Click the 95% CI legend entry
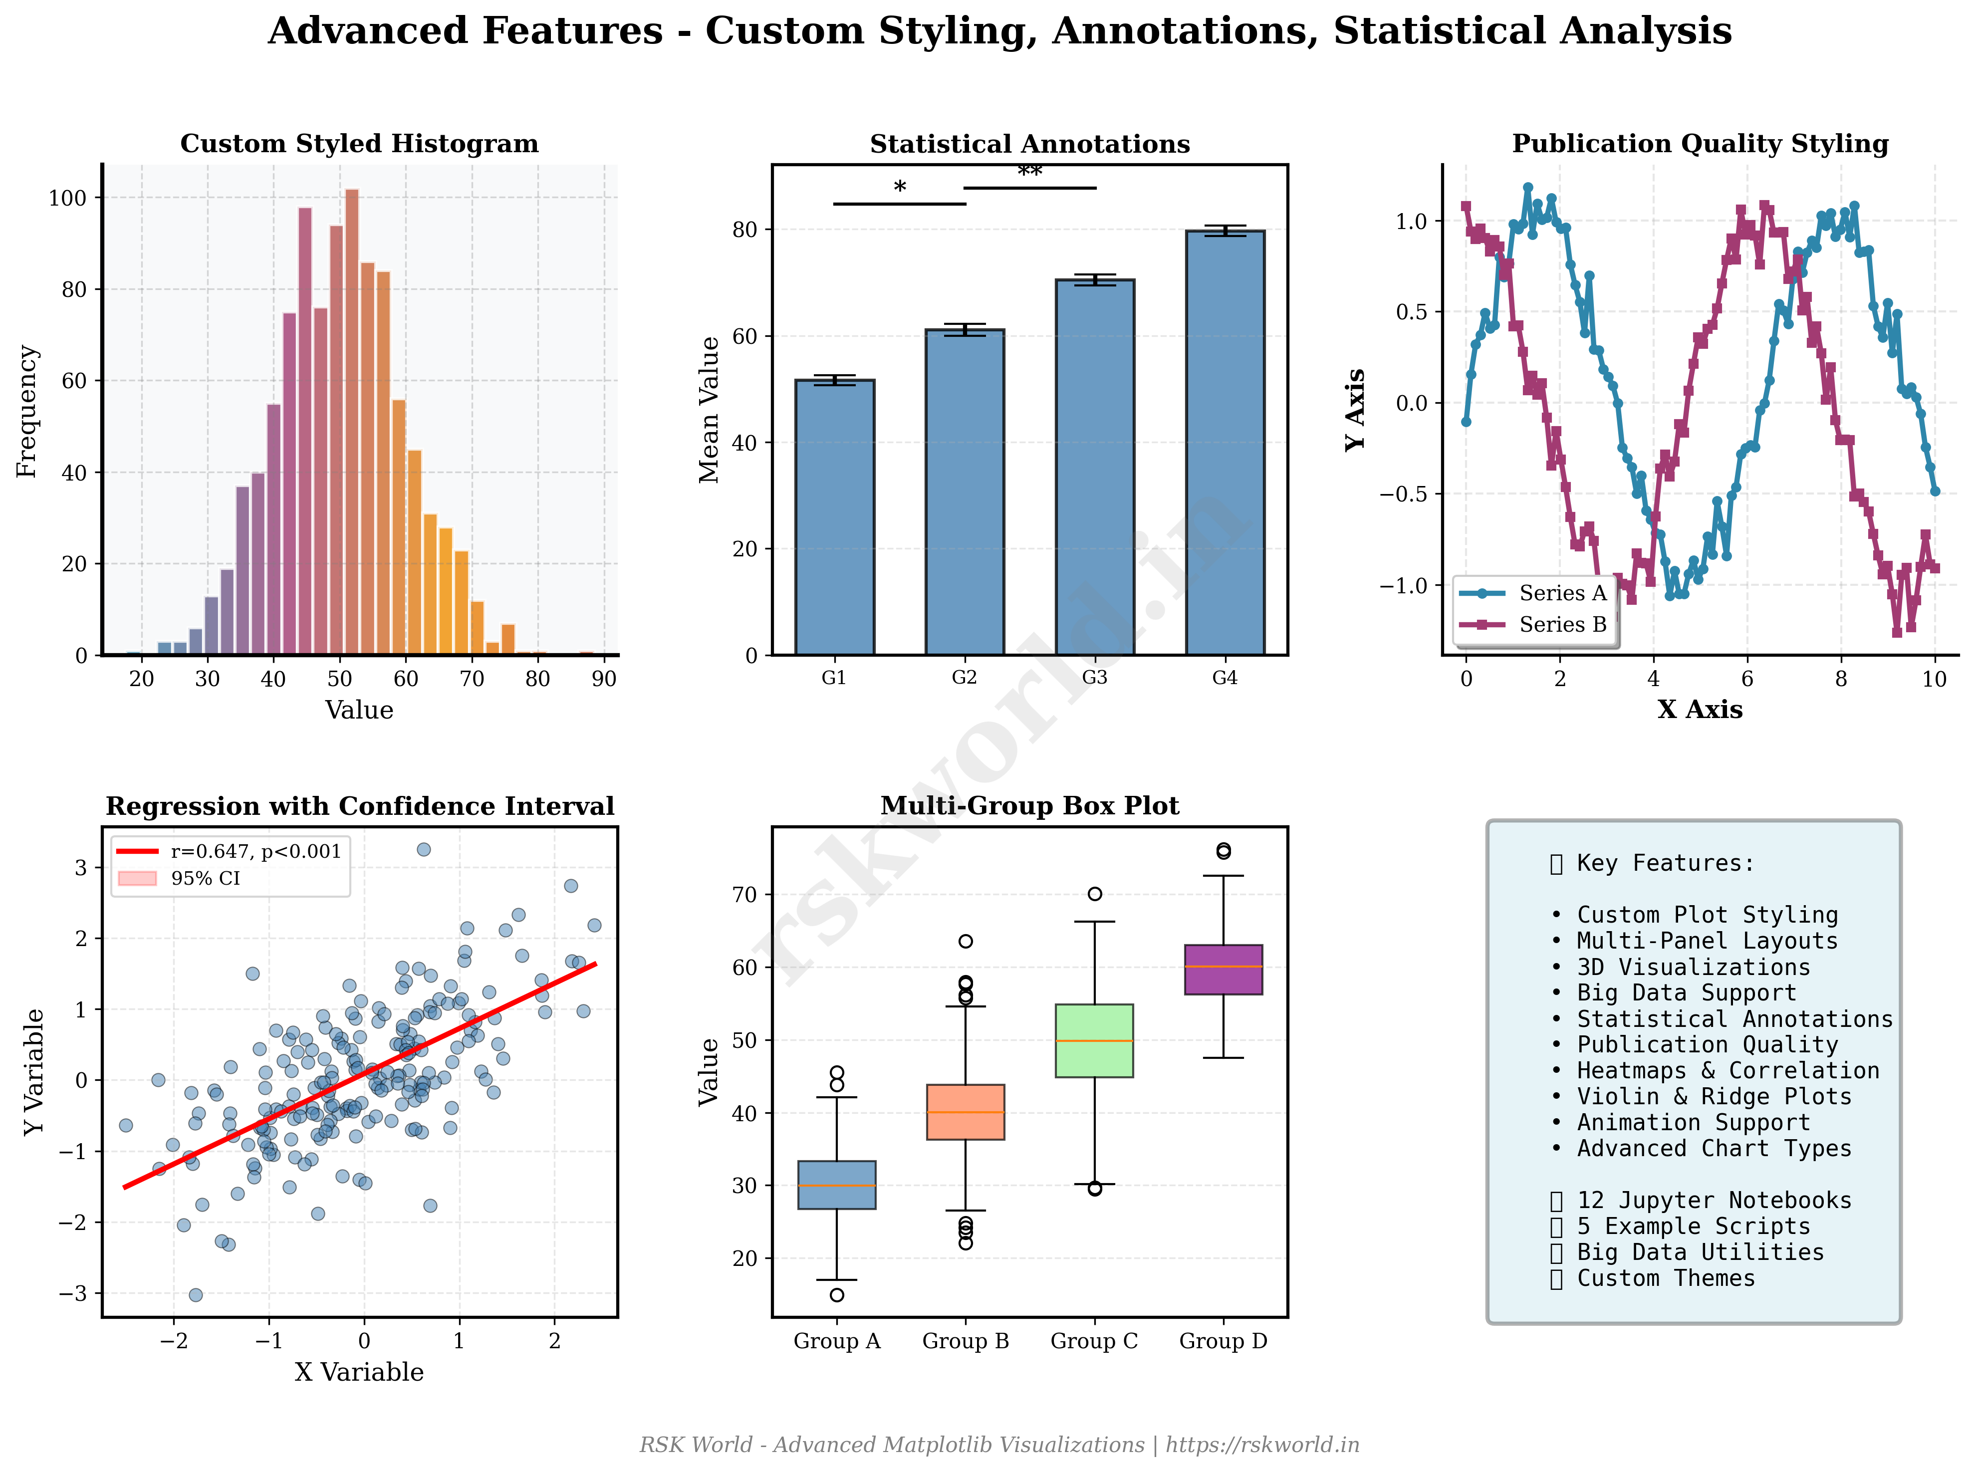pyautogui.click(x=205, y=879)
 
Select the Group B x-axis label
pyautogui.click(x=965, y=1341)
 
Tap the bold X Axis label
pyautogui.click(x=1700, y=710)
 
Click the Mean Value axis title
pyautogui.click(x=710, y=410)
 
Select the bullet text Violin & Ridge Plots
pyautogui.click(x=1713, y=1097)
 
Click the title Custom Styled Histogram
pyautogui.click(x=359, y=144)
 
